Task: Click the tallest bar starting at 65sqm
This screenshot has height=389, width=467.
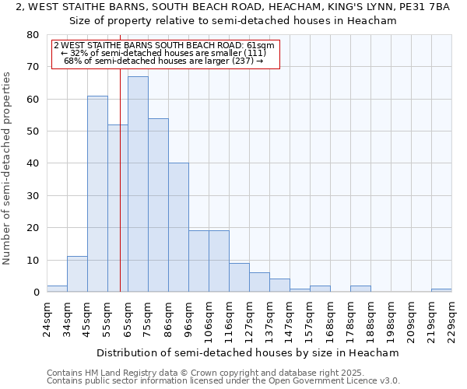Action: click(138, 184)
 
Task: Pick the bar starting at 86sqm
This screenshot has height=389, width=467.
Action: click(178, 227)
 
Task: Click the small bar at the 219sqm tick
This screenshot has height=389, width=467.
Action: click(441, 290)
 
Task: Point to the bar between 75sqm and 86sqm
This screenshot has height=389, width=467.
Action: click(158, 205)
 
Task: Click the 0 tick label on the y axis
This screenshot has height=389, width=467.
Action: click(35, 293)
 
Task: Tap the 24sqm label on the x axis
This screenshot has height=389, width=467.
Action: click(47, 317)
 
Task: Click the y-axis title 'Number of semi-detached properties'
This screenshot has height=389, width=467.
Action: click(8, 167)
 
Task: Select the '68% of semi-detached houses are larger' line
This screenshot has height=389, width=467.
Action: click(163, 61)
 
